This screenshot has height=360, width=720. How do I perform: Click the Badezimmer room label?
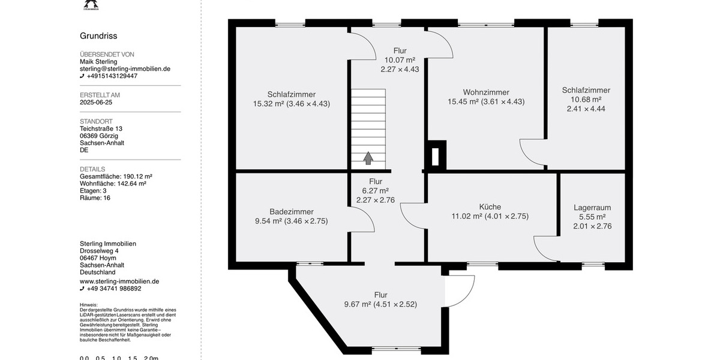tap(291, 212)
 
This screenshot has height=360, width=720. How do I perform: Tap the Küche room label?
tap(490, 207)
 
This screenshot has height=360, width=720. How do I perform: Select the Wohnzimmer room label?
tap(486, 92)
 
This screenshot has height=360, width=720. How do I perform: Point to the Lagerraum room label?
tap(592, 208)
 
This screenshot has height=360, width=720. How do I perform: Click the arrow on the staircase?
tap(368, 158)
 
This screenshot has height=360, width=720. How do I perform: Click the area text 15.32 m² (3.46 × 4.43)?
tap(292, 104)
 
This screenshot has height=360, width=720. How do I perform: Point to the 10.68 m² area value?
tap(586, 100)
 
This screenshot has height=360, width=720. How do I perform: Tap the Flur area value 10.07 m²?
tap(400, 60)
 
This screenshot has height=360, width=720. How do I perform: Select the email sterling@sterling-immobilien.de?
tap(125, 69)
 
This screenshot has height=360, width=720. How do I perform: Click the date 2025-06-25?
tap(96, 103)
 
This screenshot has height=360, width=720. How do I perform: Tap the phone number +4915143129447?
tap(112, 76)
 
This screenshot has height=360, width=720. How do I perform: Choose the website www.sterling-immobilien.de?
tap(119, 281)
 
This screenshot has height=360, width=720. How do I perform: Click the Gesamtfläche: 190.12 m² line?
tap(116, 176)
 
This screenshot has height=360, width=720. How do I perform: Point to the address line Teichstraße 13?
tap(101, 128)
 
